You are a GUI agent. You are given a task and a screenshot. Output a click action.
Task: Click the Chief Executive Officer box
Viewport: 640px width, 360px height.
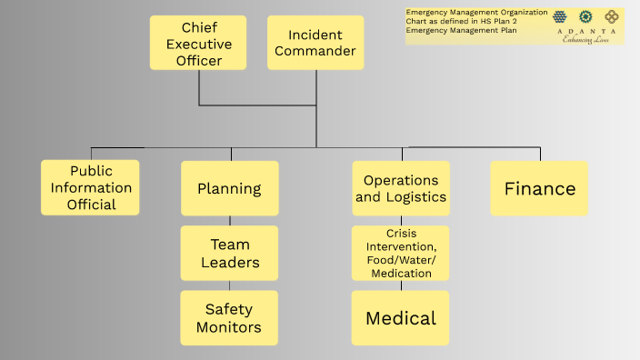pos(198,44)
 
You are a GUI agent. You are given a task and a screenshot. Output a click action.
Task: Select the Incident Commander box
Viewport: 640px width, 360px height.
pos(315,43)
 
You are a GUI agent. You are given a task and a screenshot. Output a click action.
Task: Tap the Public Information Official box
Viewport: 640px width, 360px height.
pos(91,187)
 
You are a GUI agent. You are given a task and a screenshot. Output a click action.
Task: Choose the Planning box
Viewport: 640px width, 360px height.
pos(229,189)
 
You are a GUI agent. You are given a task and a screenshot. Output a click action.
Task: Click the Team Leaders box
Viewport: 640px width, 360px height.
pos(229,254)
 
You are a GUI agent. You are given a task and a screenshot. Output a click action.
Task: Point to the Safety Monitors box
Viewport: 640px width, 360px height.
pos(229,318)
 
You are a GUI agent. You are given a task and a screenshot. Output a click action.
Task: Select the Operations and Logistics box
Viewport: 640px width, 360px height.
pos(401,188)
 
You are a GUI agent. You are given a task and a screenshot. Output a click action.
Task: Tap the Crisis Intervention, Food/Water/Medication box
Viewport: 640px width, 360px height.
pos(401,253)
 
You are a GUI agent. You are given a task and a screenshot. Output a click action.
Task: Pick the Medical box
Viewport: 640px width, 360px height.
pos(401,318)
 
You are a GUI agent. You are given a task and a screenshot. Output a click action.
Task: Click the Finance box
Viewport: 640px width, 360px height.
pos(540,188)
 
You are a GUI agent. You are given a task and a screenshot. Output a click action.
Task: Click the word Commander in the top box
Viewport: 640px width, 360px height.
pos(315,51)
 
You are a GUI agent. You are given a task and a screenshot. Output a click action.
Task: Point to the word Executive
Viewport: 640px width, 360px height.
pos(198,45)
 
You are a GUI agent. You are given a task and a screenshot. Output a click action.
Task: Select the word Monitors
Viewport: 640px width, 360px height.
pos(229,327)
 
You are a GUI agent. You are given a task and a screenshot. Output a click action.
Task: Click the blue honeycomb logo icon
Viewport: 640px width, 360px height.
pos(561,15)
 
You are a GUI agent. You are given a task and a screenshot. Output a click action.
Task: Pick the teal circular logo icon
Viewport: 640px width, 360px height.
pos(587,15)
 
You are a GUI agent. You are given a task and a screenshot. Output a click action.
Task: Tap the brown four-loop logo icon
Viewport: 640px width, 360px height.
pos(612,15)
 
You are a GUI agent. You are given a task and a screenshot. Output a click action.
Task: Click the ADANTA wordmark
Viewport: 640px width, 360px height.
pos(586,31)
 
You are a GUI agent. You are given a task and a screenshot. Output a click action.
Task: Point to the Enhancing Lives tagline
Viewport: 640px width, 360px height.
pos(586,39)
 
